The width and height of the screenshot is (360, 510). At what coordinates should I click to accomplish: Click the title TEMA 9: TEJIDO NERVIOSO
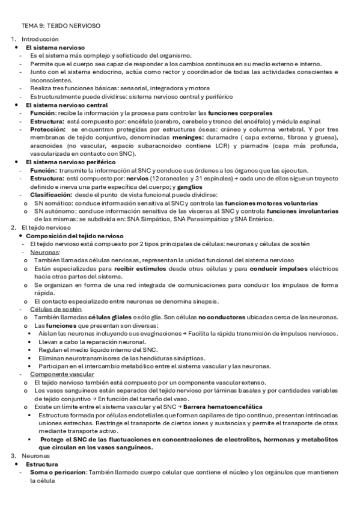61,26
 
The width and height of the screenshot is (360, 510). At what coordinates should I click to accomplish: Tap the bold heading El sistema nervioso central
62,105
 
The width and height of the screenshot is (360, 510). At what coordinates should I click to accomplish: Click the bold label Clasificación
49,195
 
